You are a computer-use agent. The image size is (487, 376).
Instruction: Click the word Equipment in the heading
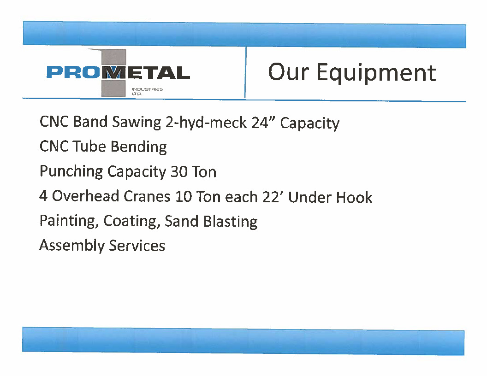click(x=376, y=73)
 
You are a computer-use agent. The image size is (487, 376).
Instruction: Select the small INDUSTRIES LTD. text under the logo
click(x=147, y=91)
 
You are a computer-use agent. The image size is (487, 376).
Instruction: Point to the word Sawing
click(x=136, y=122)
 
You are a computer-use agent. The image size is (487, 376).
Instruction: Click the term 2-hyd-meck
click(x=206, y=122)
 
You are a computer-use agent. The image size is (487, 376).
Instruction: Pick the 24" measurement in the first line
click(x=264, y=122)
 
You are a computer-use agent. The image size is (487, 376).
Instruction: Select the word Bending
click(x=139, y=147)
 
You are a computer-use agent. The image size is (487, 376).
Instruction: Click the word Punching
click(x=71, y=171)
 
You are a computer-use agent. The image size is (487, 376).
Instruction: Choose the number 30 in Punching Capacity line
click(x=179, y=172)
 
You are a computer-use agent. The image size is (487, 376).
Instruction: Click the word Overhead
click(x=85, y=196)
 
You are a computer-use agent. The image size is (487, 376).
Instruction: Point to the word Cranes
click(x=147, y=196)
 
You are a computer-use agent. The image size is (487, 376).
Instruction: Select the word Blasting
click(x=230, y=222)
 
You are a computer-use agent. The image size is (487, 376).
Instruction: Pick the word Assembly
click(x=72, y=246)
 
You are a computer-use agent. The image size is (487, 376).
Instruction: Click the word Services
click(x=137, y=246)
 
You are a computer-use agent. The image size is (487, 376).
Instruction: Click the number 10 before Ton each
click(x=184, y=197)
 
